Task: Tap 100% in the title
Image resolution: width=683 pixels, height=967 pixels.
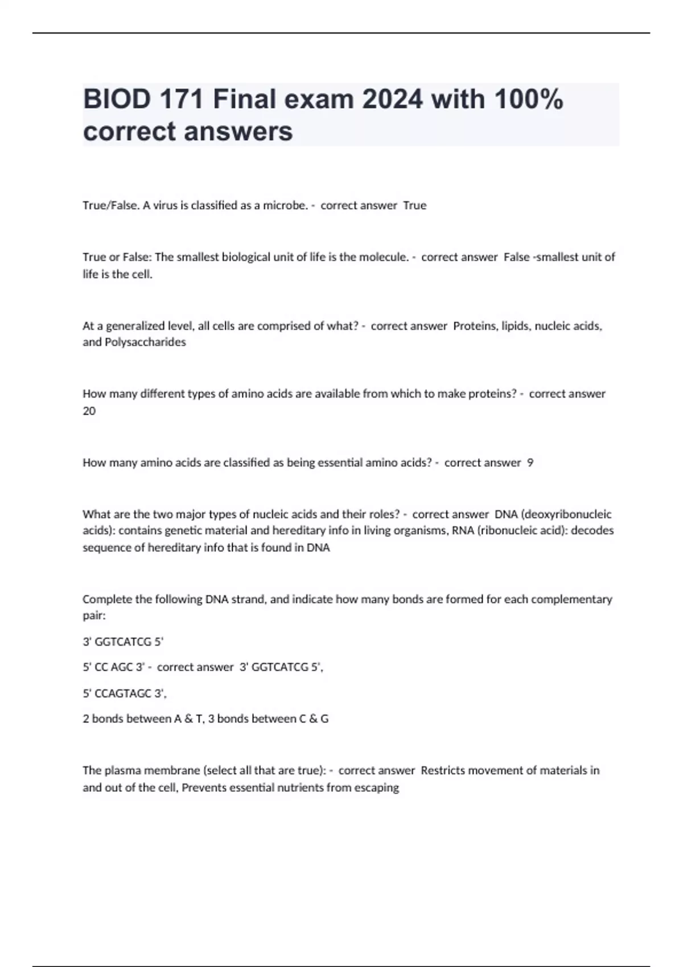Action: coord(529,100)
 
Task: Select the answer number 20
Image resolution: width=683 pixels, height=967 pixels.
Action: coord(89,411)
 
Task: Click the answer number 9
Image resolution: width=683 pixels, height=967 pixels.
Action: coord(530,463)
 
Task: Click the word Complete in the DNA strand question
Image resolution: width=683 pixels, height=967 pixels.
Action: coord(105,600)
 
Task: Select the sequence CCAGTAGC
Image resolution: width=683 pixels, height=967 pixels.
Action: coord(125,693)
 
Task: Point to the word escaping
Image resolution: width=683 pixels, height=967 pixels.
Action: coord(375,788)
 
